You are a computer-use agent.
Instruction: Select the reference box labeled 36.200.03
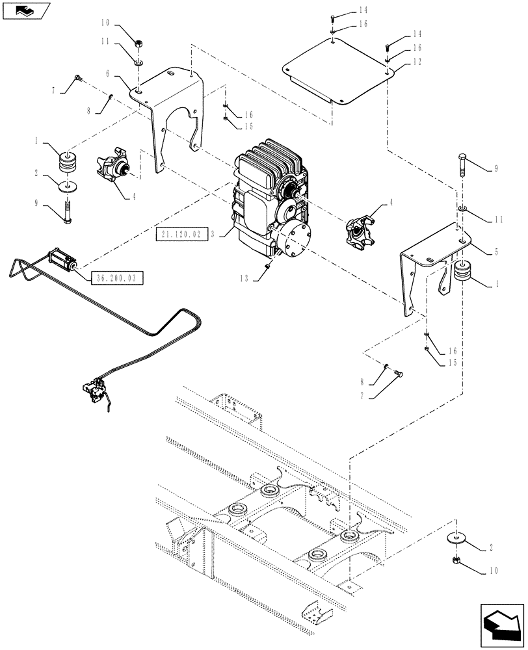[116, 277]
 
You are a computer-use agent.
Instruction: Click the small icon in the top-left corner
[26, 10]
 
